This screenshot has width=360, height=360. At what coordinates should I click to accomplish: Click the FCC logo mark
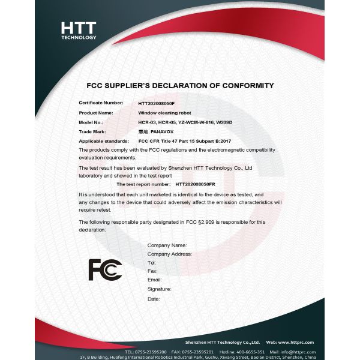click(x=105, y=270)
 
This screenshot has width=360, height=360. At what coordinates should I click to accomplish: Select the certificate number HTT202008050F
click(x=156, y=103)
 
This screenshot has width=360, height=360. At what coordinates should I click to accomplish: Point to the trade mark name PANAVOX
click(x=163, y=131)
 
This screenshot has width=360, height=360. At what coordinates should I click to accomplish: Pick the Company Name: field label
click(x=167, y=245)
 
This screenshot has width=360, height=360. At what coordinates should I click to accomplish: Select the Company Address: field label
click(x=169, y=254)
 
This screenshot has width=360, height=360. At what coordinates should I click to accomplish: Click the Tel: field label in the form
click(x=152, y=263)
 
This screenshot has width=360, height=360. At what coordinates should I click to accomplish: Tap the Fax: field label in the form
click(x=152, y=272)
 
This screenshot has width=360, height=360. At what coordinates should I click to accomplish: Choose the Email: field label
click(x=154, y=280)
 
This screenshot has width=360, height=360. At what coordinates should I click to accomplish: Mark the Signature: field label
click(x=159, y=289)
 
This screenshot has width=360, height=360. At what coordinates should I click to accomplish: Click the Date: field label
click(x=154, y=298)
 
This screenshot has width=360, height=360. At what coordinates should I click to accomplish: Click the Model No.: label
click(x=91, y=122)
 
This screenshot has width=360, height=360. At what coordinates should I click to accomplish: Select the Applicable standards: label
click(x=103, y=140)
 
